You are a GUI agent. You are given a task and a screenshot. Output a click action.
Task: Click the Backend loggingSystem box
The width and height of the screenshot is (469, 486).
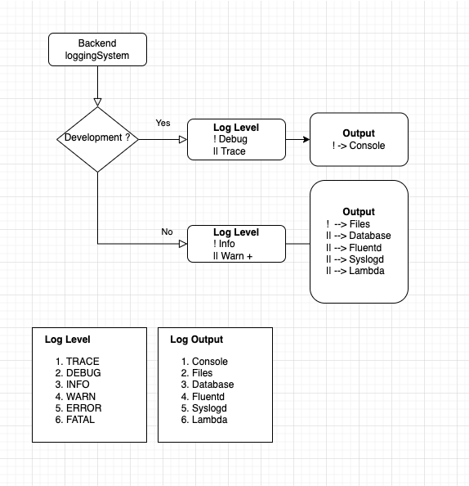(x=98, y=50)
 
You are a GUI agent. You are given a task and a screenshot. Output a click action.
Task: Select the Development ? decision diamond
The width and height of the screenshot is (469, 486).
(x=97, y=138)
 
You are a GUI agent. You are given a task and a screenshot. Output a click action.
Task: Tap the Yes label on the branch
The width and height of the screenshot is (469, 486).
(x=163, y=123)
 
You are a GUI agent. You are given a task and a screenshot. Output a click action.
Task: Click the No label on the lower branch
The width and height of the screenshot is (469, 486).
(x=167, y=232)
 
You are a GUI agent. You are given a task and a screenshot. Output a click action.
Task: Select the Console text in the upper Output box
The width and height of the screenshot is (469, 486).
(x=367, y=146)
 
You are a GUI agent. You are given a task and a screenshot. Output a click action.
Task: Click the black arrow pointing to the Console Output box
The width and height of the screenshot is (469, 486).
(x=304, y=139)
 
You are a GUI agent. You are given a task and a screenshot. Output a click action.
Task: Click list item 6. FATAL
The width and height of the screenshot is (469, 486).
(x=75, y=420)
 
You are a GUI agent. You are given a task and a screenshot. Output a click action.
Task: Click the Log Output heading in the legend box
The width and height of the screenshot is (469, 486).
(x=196, y=340)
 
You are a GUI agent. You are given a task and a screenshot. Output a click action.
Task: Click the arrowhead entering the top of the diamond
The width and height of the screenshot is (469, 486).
(x=97, y=102)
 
